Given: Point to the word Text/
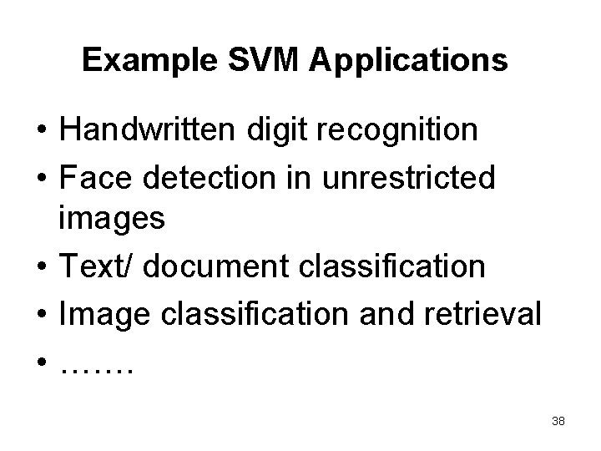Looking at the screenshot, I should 94,266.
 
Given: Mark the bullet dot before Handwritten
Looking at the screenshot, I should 40,131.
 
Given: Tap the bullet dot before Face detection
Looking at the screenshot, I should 40,177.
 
